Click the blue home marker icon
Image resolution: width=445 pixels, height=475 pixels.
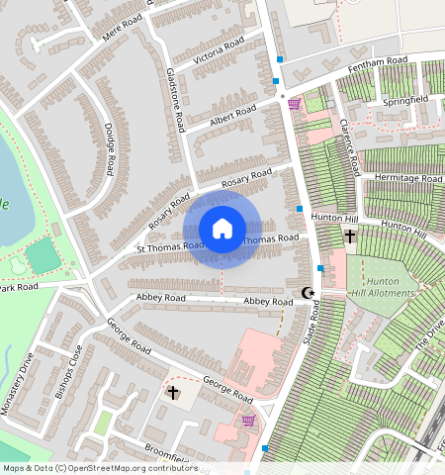222,229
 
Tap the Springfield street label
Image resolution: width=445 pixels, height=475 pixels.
405,101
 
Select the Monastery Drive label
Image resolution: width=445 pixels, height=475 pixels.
22,392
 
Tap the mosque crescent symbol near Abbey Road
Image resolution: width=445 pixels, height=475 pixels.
308,293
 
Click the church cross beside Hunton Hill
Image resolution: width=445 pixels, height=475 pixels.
350,237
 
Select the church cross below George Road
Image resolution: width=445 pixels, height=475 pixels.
174,393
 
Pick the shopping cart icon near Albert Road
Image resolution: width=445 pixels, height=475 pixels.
294,103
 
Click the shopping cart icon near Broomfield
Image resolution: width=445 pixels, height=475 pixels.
248,421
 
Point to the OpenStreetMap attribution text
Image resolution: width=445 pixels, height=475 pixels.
99,468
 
